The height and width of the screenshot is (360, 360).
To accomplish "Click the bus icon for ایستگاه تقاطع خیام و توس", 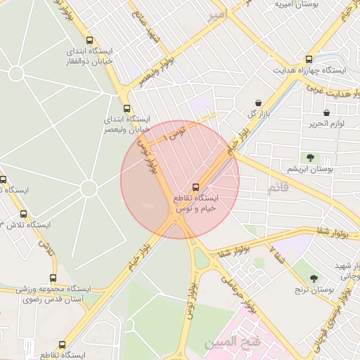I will (195, 187).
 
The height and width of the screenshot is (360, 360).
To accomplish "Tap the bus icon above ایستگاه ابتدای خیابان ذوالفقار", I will (89, 40).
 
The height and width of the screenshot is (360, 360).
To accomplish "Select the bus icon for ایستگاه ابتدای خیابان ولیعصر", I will (127, 108).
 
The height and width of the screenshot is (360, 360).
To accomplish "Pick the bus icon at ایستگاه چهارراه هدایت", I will (309, 59).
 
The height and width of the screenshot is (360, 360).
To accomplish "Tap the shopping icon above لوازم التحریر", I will (326, 112).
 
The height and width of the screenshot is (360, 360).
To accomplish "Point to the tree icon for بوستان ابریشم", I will (309, 157).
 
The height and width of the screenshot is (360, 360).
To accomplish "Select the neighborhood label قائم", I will (278, 188).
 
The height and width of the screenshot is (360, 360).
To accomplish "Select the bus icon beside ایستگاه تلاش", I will (24, 214).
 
